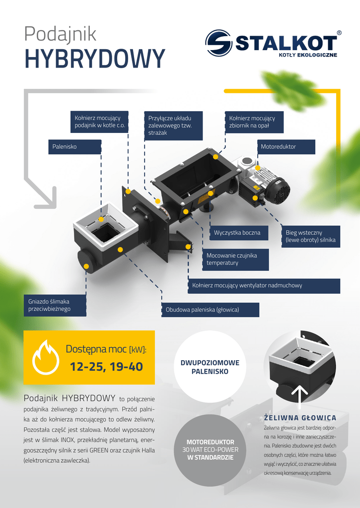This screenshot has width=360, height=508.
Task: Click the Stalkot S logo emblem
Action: click(218, 43)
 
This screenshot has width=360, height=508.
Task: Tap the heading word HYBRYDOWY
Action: click(95, 59)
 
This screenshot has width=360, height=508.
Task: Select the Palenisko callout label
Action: click(74, 147)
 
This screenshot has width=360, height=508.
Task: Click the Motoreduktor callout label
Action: click(286, 147)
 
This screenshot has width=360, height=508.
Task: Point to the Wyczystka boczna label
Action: click(239, 233)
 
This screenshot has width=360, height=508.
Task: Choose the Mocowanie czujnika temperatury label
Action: click(235, 259)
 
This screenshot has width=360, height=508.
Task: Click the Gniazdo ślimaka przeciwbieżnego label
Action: click(55, 305)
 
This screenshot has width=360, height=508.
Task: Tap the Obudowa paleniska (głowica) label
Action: click(211, 310)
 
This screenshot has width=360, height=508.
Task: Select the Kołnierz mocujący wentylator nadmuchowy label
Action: click(264, 286)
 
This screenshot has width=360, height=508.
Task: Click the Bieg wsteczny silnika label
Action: click(311, 237)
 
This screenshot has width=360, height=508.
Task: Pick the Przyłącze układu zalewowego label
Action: click(173, 126)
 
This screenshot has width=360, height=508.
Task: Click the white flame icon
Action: click(46, 357)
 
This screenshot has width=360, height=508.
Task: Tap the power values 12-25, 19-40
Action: click(106, 367)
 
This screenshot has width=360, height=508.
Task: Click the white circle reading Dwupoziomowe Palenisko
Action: click(210, 367)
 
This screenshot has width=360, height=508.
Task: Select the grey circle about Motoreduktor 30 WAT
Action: click(210, 450)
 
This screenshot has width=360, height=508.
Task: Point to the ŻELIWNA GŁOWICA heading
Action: click(300, 418)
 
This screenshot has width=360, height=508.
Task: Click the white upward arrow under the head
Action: click(299, 396)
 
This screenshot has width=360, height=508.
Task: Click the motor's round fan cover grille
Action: click(280, 191)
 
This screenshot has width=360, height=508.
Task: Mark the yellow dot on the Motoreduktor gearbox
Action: click(258, 168)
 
